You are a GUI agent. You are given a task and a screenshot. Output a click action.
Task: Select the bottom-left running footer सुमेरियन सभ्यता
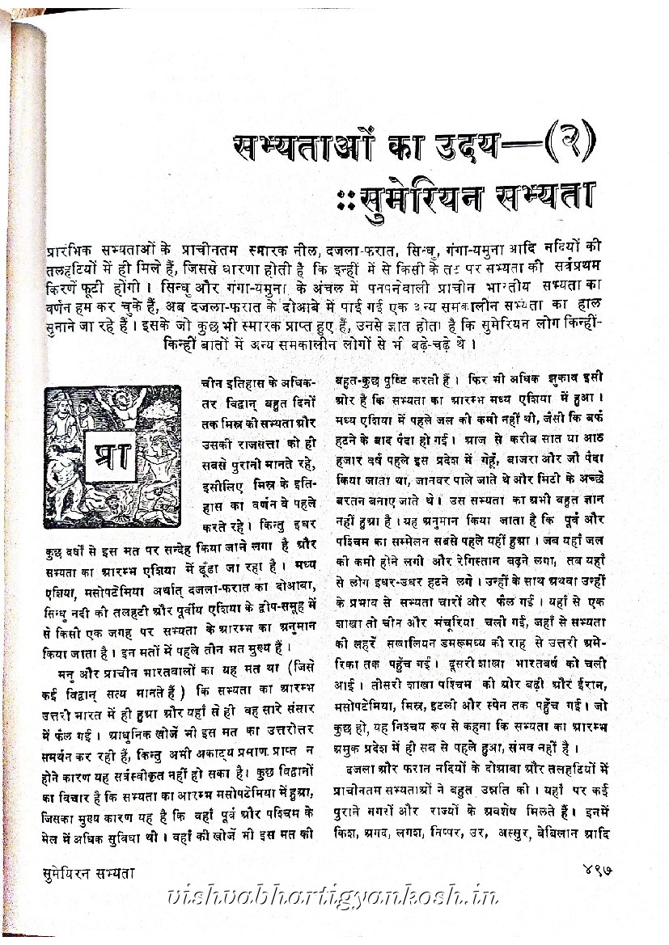tap(88, 871)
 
